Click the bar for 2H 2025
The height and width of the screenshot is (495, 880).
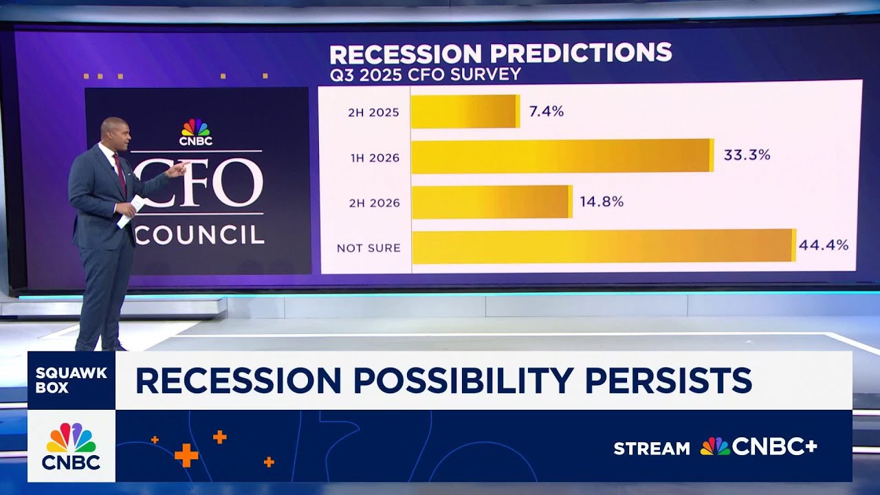pos(465,111)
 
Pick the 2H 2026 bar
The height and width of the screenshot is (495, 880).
pos(492,202)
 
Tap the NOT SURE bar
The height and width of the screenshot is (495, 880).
pos(603,246)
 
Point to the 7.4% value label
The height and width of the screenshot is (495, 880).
pos(547,111)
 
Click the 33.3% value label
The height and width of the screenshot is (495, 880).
pos(747,155)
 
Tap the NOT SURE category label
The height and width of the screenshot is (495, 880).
pos(368,248)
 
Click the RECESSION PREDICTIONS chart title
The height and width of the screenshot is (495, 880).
pos(500,53)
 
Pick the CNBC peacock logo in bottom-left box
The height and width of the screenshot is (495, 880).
pos(71,438)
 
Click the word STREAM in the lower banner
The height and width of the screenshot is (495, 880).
pos(651,448)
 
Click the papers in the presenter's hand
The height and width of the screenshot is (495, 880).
pos(131,210)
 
